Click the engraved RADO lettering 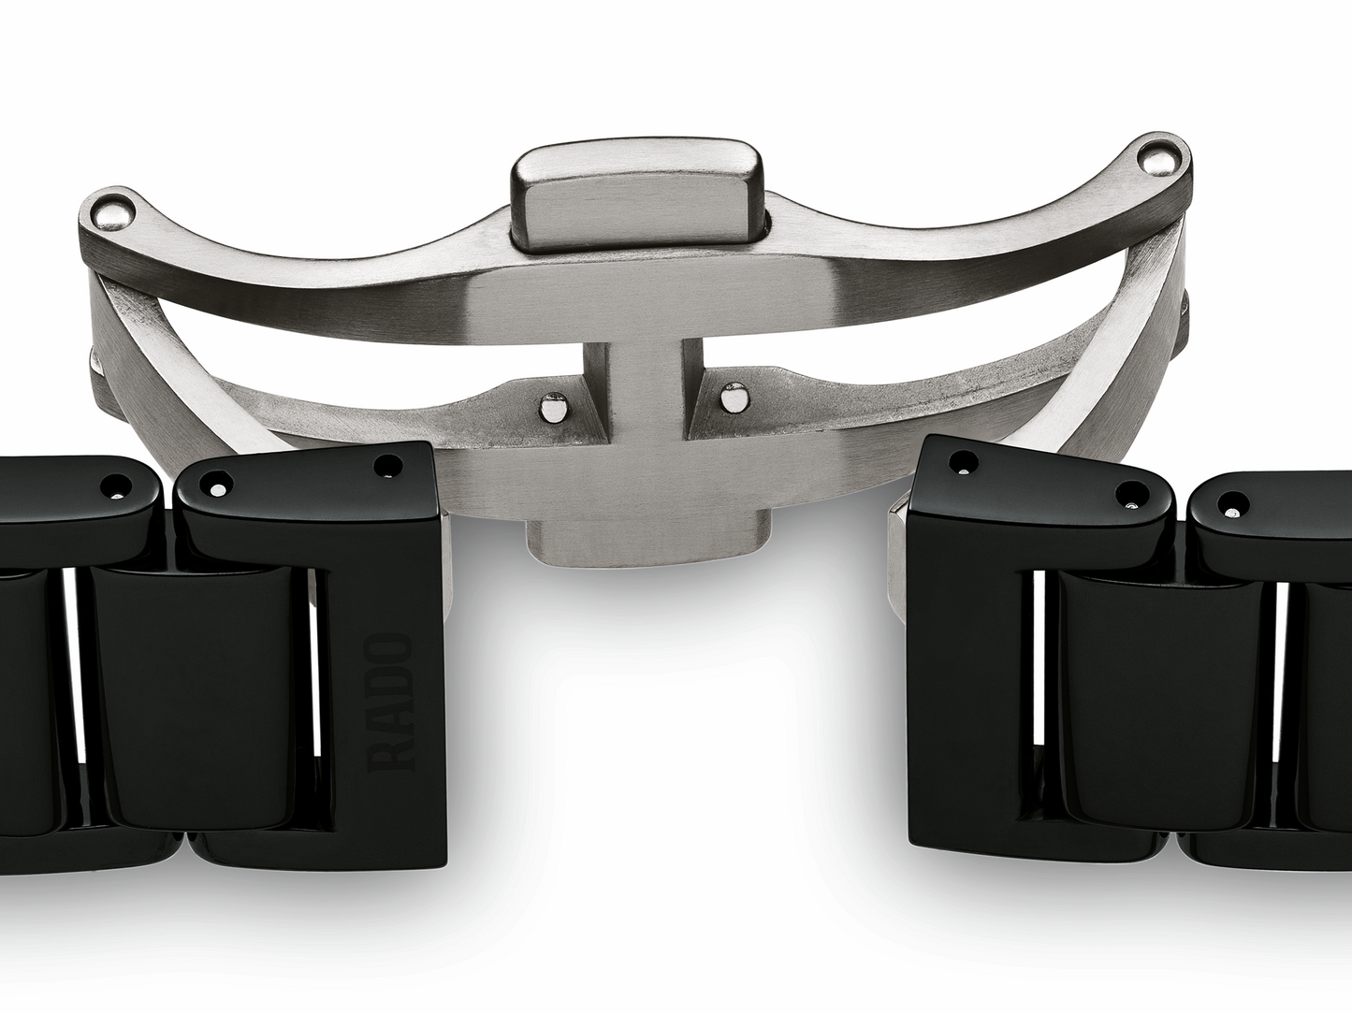pyautogui.click(x=392, y=703)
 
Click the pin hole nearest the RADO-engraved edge pyautogui.click(x=386, y=464)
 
